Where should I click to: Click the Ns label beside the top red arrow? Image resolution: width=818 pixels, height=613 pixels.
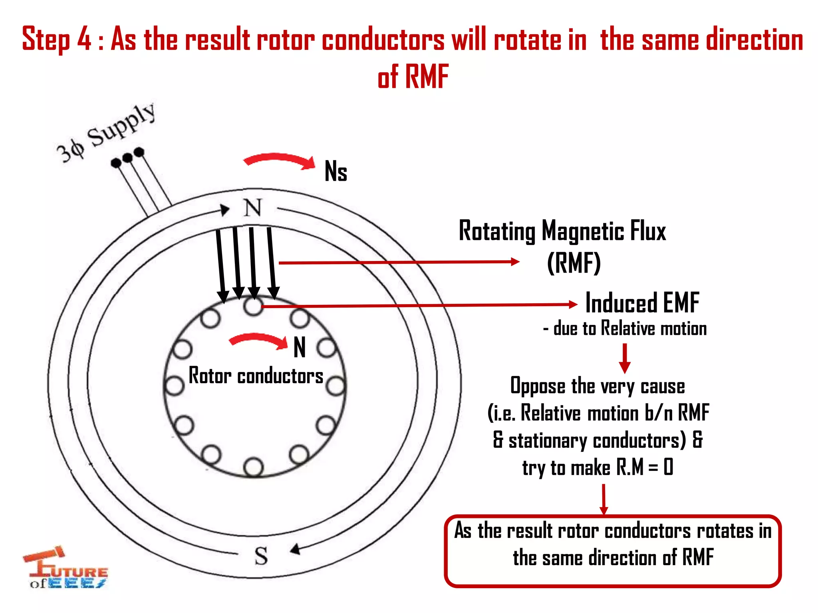coord(336,172)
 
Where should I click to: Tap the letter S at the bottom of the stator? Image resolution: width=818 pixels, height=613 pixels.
coord(261,556)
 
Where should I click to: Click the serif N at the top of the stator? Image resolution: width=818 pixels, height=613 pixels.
coord(252,208)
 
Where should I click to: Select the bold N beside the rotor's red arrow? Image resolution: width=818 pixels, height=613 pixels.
coord(300,347)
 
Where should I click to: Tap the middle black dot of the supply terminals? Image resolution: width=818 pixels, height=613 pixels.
coord(127,158)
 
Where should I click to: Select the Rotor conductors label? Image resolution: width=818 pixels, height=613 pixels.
coord(256,376)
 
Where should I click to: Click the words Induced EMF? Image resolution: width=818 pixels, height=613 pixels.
coord(642,303)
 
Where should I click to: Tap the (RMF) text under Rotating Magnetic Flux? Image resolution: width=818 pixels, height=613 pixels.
coord(574,263)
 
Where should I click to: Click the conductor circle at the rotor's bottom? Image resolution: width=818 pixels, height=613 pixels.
coord(253,467)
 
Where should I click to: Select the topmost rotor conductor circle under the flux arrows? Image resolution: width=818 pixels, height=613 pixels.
coord(253,306)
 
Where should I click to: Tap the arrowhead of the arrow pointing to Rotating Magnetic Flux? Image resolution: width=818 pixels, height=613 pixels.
coord(515,262)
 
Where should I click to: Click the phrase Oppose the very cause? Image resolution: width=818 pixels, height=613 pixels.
coord(598,386)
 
